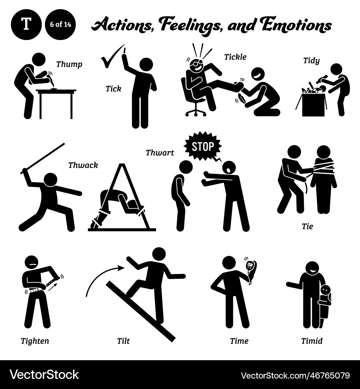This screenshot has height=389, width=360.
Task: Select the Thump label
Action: (69, 64)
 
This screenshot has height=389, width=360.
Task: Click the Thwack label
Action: (83, 165)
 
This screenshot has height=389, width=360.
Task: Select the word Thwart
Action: (159, 152)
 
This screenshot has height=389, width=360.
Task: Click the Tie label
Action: (307, 226)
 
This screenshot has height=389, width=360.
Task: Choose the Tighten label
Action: (35, 340)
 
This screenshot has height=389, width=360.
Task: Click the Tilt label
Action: (123, 340)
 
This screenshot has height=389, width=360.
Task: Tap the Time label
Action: (239, 340)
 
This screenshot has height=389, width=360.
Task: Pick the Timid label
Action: (312, 340)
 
